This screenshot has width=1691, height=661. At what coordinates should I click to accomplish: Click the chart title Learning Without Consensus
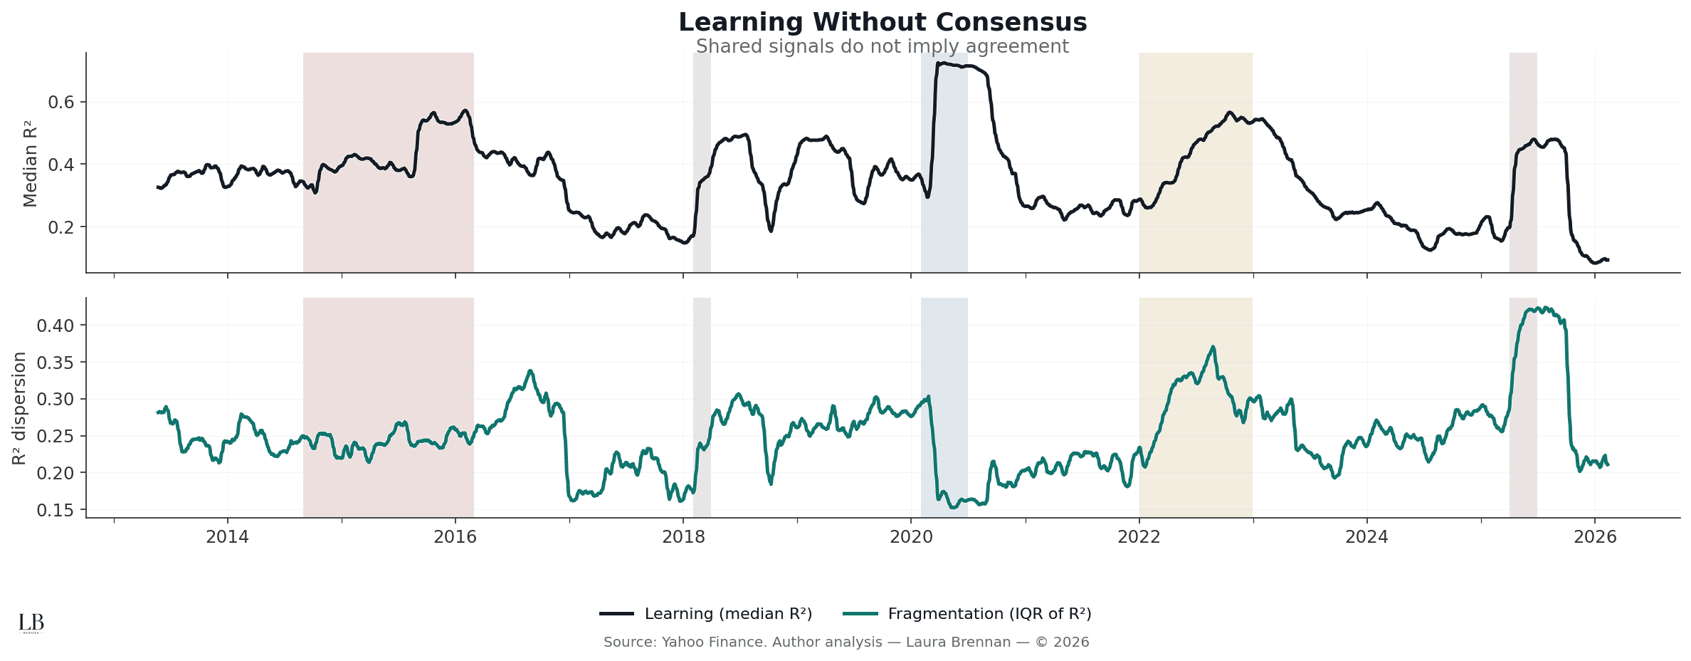(x=883, y=23)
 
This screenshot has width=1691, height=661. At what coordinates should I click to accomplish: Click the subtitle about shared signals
(x=883, y=47)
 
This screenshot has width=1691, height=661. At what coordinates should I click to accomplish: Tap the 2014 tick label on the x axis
(x=228, y=537)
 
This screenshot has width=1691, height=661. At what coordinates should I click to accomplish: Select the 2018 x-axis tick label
(x=683, y=537)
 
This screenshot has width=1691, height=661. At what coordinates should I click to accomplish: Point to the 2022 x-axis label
(x=1139, y=537)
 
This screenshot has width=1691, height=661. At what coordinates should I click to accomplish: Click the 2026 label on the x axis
(x=1595, y=537)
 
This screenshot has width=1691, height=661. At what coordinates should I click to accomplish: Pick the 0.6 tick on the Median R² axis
(x=61, y=103)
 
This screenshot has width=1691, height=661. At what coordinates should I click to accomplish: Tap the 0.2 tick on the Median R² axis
(x=61, y=227)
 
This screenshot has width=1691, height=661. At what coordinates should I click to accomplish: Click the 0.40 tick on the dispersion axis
(x=56, y=326)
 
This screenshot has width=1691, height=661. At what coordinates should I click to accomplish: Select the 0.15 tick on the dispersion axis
(x=56, y=510)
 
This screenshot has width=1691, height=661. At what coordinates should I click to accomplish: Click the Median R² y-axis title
(x=30, y=165)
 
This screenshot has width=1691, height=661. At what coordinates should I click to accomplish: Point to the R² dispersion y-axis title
(x=19, y=408)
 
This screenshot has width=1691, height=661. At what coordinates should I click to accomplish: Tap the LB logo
(x=31, y=623)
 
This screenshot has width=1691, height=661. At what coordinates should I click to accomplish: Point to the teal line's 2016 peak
(x=530, y=371)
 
